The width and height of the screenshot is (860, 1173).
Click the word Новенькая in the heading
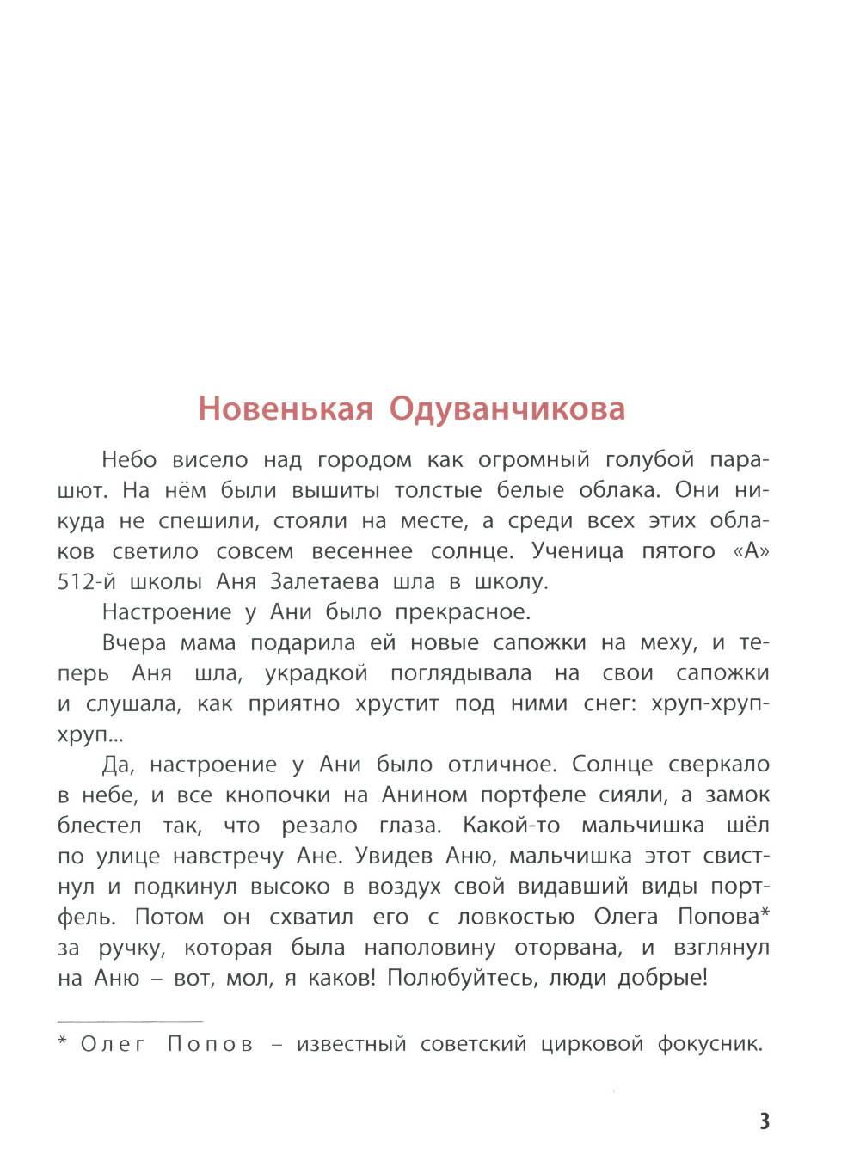(x=286, y=408)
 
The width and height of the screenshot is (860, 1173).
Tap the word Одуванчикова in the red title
(x=507, y=408)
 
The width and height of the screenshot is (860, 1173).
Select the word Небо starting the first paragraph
(x=129, y=460)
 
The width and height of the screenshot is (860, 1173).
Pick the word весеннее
(x=362, y=551)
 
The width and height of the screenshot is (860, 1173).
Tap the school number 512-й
(x=86, y=582)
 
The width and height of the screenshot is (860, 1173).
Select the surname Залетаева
(x=324, y=582)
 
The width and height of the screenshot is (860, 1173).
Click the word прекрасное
(x=463, y=612)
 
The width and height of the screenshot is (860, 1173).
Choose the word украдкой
(x=316, y=673)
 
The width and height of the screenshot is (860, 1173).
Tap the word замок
(x=737, y=795)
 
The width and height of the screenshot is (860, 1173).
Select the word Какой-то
(x=511, y=826)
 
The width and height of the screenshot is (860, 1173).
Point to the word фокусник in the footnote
(x=709, y=1045)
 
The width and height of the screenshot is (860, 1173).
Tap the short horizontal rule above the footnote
(x=130, y=1021)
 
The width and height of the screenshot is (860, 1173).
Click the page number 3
(x=764, y=1121)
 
